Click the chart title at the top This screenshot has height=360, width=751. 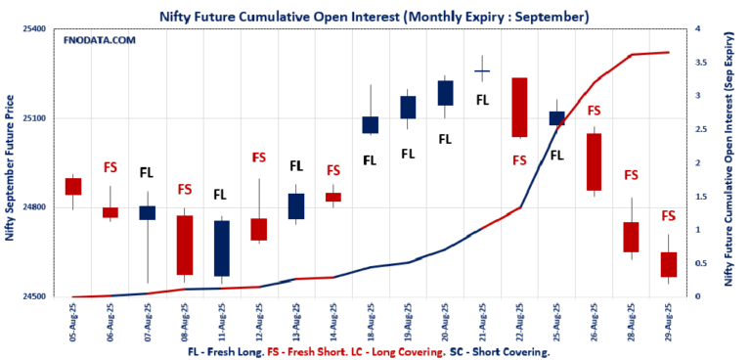click(x=375, y=17)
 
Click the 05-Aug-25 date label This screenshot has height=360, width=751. click(x=74, y=320)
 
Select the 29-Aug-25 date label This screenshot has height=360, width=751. click(x=669, y=320)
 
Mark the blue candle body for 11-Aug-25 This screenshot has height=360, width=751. click(x=222, y=248)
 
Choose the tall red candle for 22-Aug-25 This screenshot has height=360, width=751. click(x=519, y=108)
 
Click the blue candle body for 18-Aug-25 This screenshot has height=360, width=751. click(x=371, y=124)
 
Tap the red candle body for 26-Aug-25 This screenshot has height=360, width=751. click(x=594, y=161)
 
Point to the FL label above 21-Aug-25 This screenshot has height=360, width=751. click(x=482, y=100)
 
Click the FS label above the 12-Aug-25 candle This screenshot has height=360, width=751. click(x=259, y=157)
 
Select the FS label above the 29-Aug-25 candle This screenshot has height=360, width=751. click(x=669, y=216)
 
